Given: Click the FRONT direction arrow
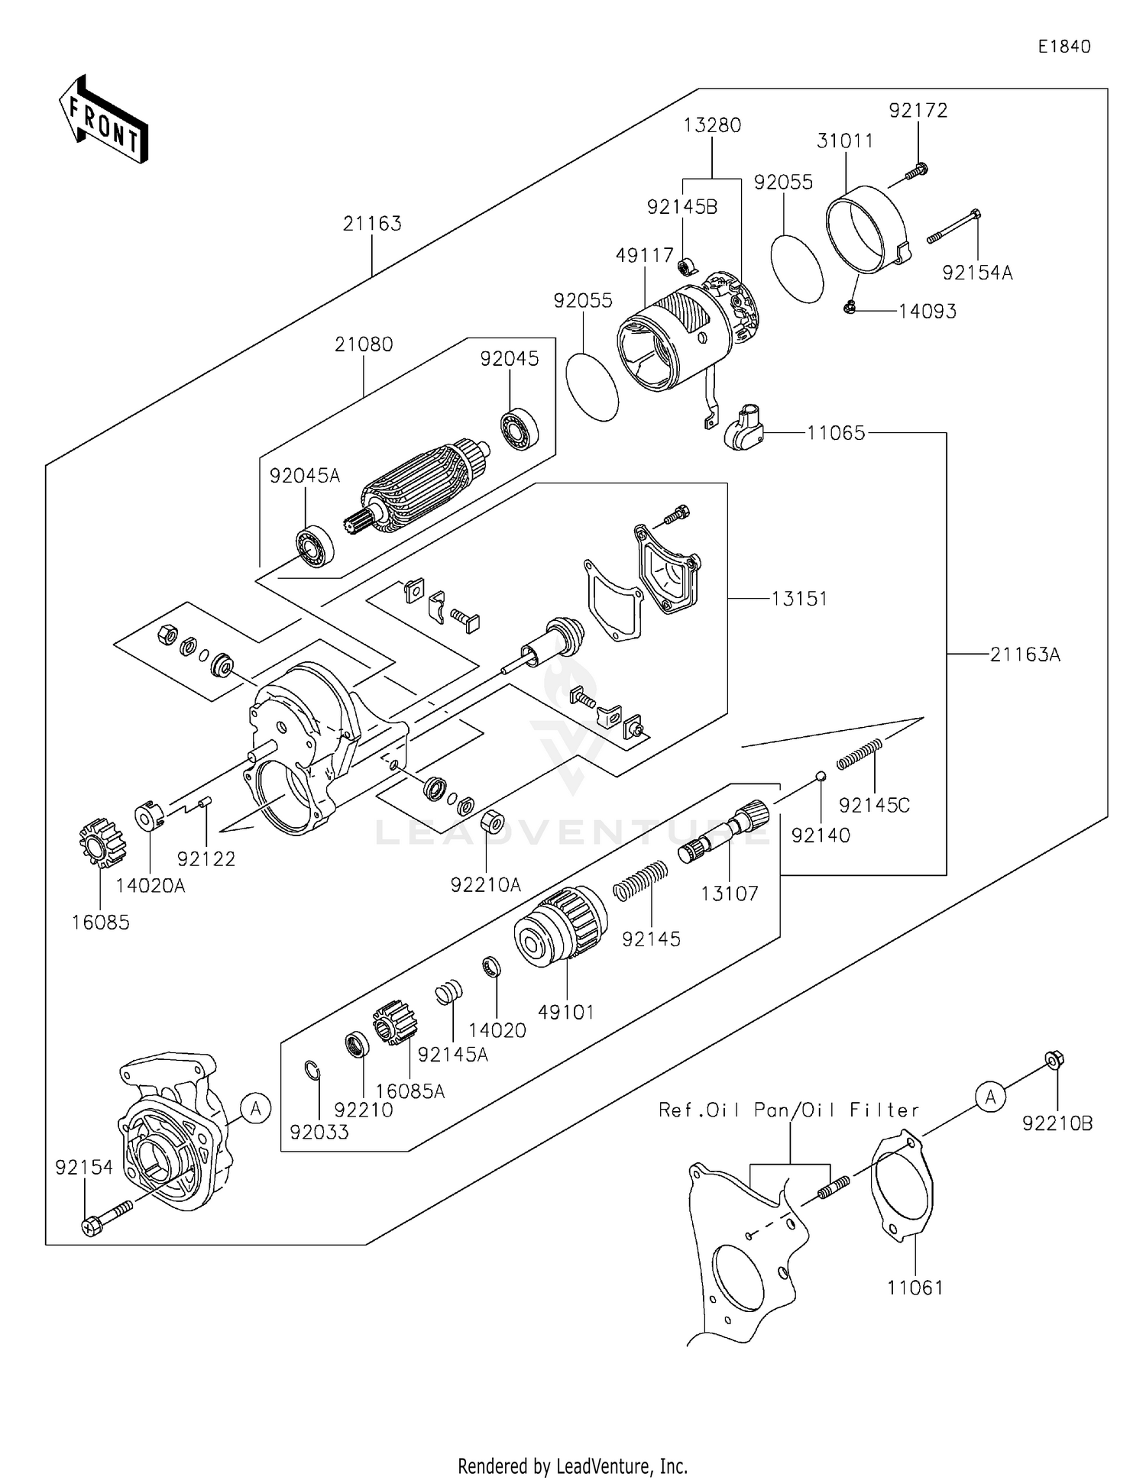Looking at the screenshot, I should [103, 120].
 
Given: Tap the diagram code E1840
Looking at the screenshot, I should [1063, 47].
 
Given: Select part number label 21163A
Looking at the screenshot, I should [1025, 654].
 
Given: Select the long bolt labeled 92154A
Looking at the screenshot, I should [954, 227].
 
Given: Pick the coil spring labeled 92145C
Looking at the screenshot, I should [860, 753].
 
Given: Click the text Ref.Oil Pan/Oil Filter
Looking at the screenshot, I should [788, 1110].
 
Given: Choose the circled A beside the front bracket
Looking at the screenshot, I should [255, 1107].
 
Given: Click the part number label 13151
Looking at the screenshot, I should [799, 599].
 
